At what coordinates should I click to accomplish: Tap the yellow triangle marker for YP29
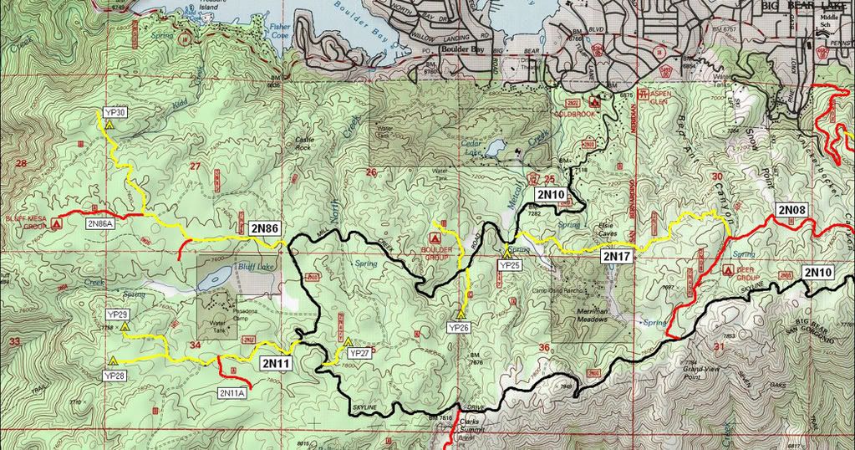pos(125,328)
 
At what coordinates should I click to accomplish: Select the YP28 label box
pos(116,376)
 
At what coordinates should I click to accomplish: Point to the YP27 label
pos(359,354)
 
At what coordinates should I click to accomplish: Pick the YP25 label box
pos(509,264)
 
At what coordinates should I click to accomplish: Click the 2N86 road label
pos(264,227)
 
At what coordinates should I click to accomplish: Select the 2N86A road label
pos(99,224)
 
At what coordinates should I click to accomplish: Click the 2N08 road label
pos(791,209)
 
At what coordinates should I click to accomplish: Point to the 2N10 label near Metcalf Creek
pos(552,195)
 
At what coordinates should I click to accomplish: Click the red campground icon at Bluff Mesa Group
pos(56,224)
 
